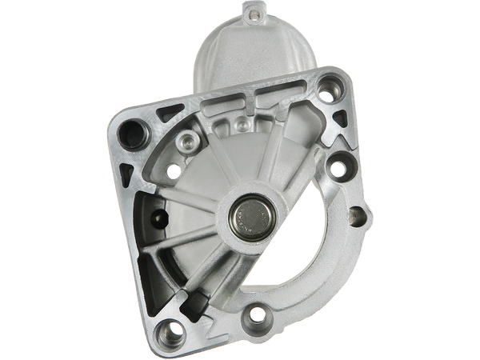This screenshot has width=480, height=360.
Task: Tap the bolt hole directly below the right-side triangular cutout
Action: (x=336, y=169)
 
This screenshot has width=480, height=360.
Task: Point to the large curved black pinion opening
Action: (x=320, y=240)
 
